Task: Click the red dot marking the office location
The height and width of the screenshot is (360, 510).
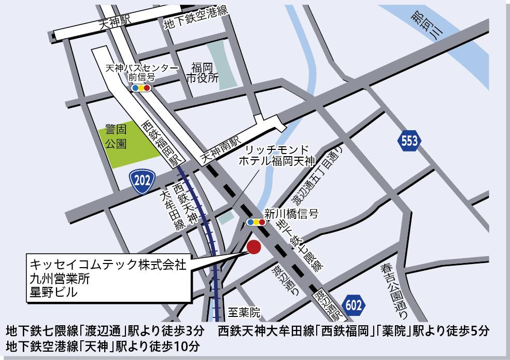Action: [254, 247]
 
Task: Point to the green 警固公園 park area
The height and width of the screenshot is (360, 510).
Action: [127, 145]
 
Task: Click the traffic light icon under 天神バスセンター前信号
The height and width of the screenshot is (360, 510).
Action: [141, 88]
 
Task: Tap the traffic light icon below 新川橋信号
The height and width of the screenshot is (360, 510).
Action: [256, 223]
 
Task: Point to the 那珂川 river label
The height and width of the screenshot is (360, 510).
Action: [428, 25]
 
